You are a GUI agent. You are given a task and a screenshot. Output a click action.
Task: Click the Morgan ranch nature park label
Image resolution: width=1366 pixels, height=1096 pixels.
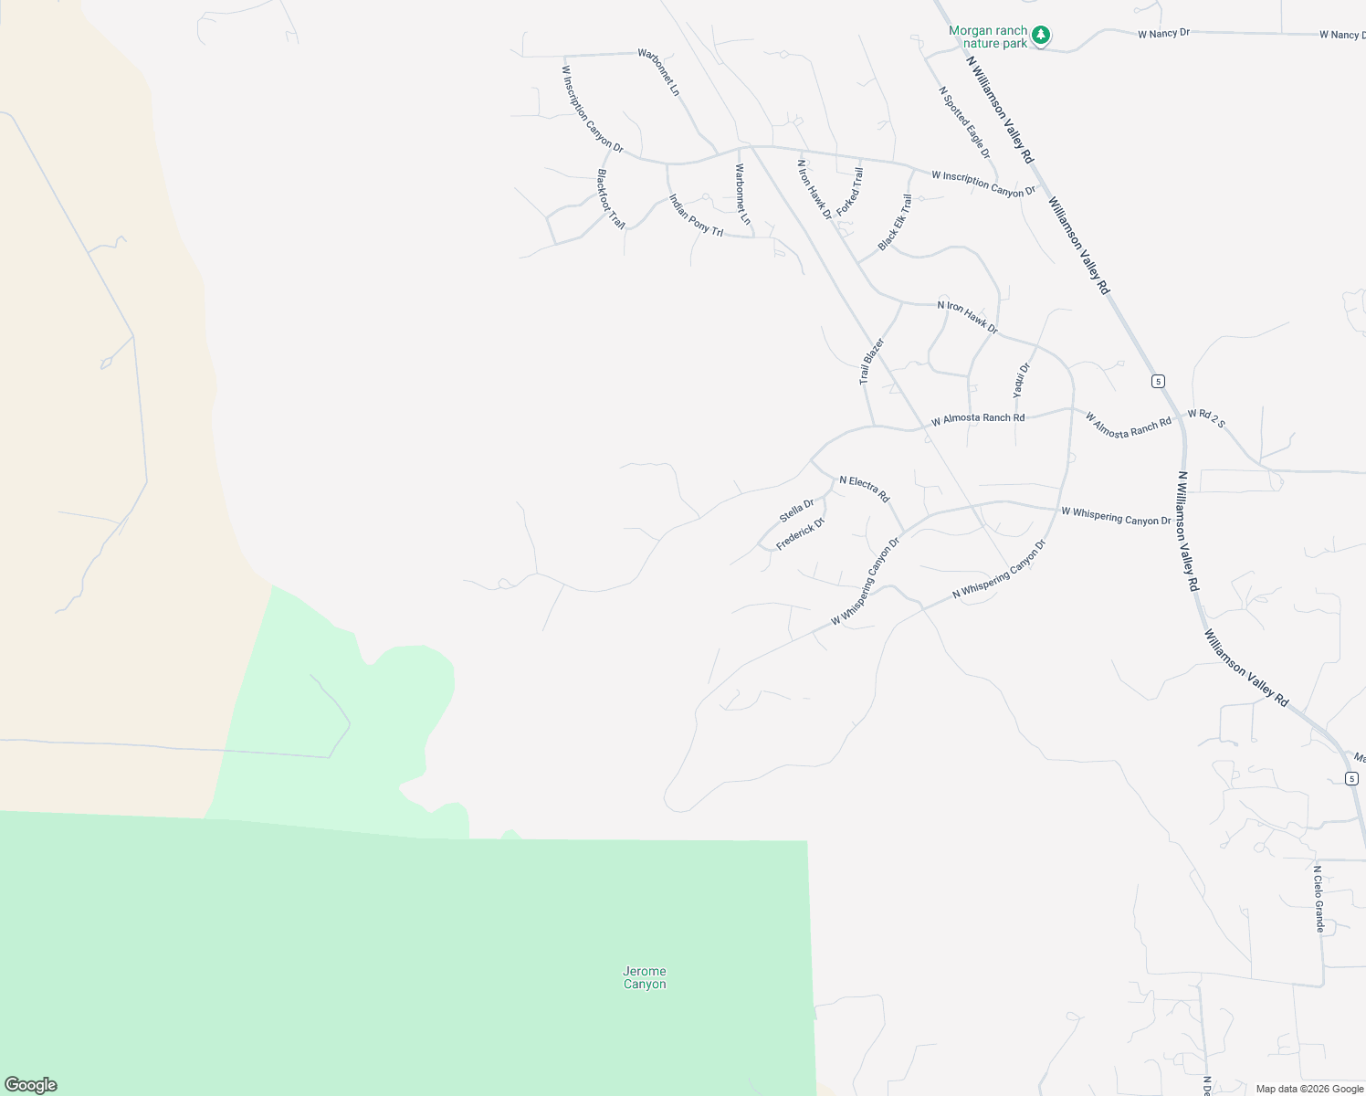pyautogui.click(x=987, y=37)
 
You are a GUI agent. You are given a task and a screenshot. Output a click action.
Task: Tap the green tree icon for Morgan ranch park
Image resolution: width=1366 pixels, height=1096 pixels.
pyautogui.click(x=1041, y=37)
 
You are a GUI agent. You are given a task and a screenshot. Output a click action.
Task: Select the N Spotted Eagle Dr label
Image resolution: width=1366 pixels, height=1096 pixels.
pyautogui.click(x=964, y=122)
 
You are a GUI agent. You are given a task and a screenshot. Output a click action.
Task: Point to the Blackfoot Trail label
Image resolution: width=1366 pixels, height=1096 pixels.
pyautogui.click(x=611, y=198)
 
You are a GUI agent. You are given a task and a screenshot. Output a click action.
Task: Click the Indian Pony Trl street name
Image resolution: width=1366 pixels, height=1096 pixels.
pyautogui.click(x=696, y=216)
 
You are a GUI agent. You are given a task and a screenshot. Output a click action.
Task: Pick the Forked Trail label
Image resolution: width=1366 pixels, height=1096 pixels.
pyautogui.click(x=849, y=192)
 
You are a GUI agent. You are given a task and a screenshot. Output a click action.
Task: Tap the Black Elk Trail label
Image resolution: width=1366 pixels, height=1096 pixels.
pyautogui.click(x=895, y=222)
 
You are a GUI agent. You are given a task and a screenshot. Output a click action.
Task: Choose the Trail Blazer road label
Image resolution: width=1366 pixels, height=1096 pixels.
pyautogui.click(x=872, y=361)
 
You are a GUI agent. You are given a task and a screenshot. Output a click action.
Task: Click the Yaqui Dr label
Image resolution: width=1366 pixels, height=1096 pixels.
pyautogui.click(x=1021, y=380)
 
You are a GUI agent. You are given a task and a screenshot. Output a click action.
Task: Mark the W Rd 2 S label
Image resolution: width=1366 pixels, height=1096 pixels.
pyautogui.click(x=1206, y=418)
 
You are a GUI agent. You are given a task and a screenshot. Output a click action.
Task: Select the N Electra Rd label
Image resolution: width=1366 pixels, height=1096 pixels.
pyautogui.click(x=864, y=489)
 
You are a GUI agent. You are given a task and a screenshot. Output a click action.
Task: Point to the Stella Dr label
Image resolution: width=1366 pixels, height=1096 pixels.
pyautogui.click(x=796, y=511)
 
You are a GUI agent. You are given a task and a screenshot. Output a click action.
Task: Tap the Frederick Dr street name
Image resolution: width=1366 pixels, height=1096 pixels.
pyautogui.click(x=800, y=533)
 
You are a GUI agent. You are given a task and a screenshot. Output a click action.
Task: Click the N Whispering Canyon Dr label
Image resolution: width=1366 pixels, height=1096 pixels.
pyautogui.click(x=998, y=568)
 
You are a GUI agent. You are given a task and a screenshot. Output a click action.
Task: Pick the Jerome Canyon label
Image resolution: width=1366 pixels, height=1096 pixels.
pyautogui.click(x=645, y=977)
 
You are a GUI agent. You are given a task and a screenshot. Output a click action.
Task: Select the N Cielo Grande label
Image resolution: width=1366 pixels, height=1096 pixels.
pyautogui.click(x=1319, y=899)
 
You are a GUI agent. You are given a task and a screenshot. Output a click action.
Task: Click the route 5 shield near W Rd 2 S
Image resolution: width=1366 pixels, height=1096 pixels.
pyautogui.click(x=1158, y=381)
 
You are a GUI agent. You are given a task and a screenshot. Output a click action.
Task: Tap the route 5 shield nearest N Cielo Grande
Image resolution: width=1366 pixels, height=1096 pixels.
pyautogui.click(x=1351, y=778)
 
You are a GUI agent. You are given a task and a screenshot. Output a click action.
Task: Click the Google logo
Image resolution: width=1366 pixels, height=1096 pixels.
pyautogui.click(x=31, y=1085)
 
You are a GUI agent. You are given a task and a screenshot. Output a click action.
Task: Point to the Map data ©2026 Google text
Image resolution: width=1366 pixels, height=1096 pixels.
pyautogui.click(x=1309, y=1089)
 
